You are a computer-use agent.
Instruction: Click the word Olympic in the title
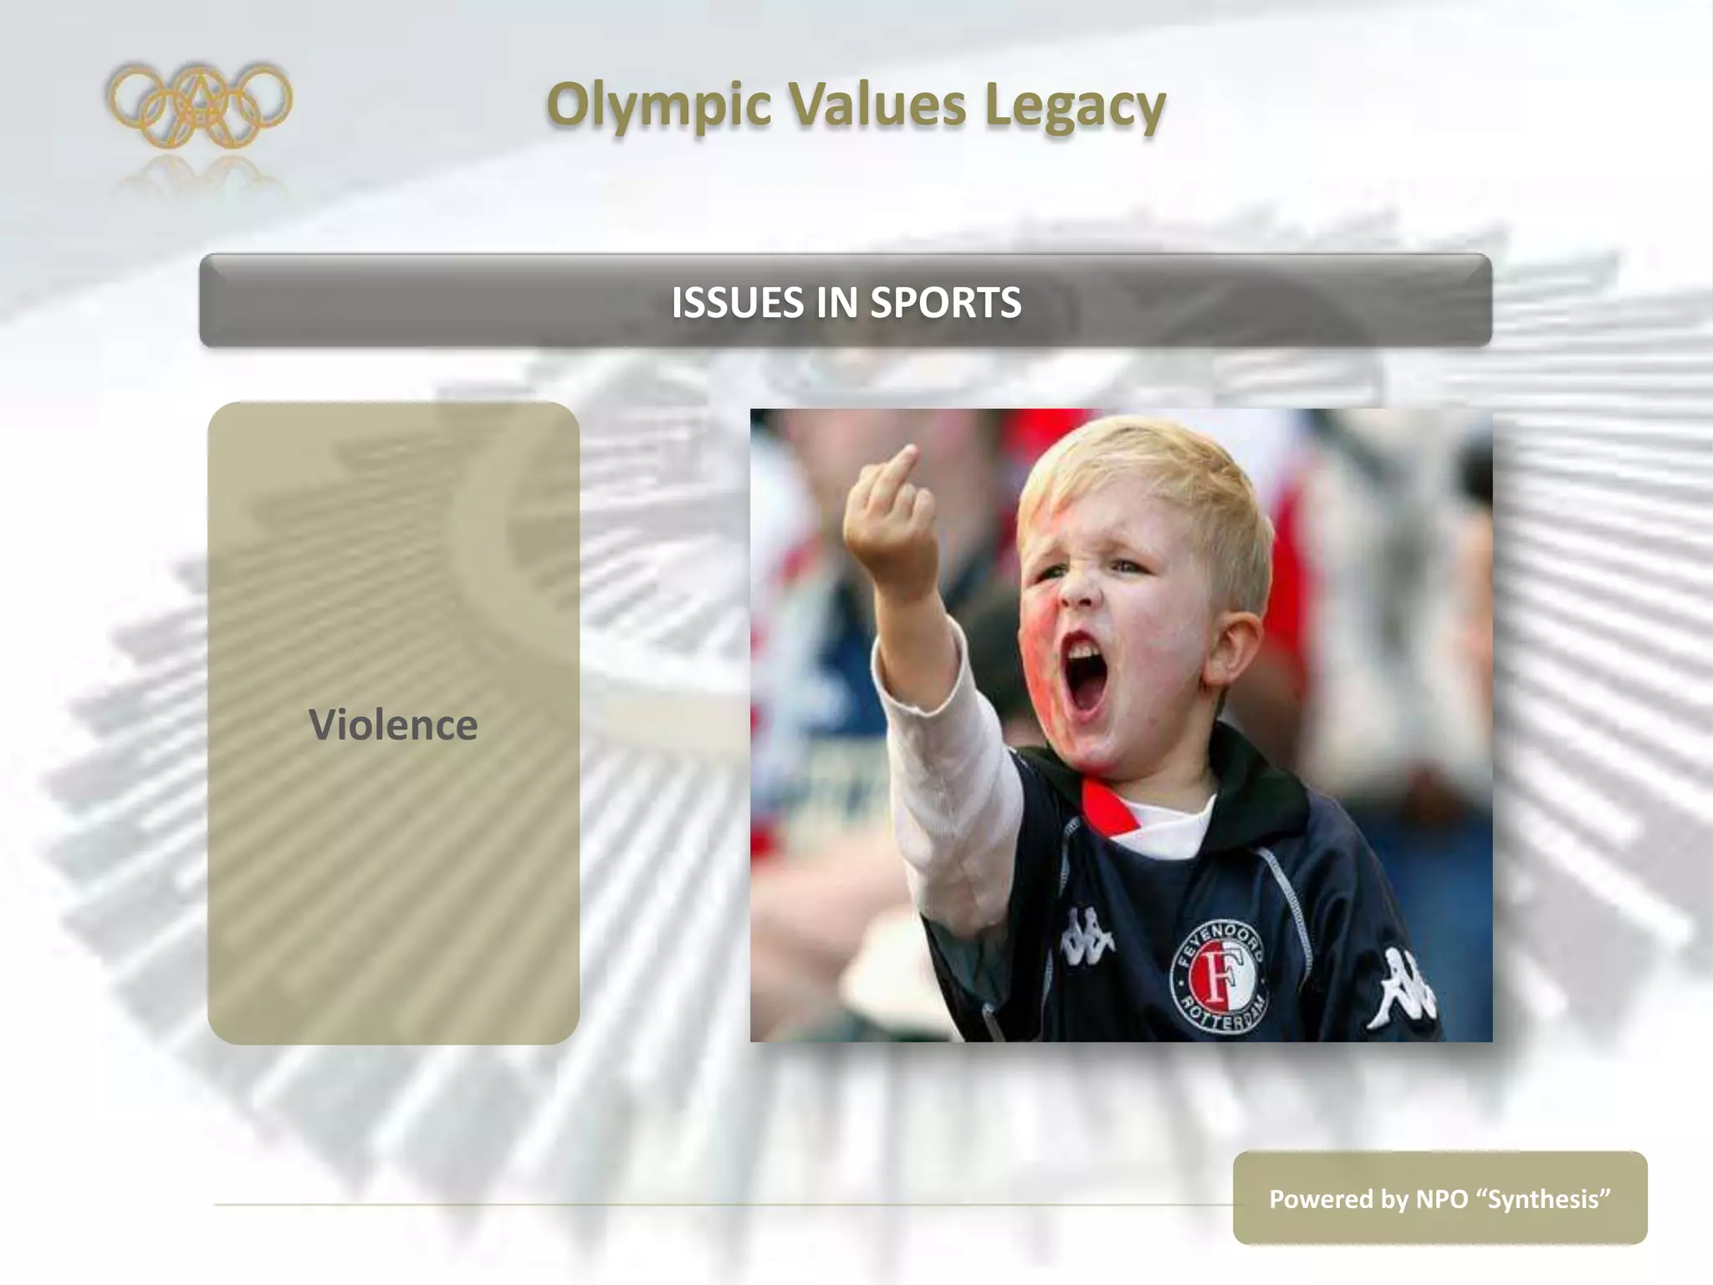pyautogui.click(x=659, y=106)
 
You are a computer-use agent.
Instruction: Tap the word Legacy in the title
pyautogui.click(x=1075, y=106)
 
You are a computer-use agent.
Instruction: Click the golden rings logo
pyautogui.click(x=199, y=105)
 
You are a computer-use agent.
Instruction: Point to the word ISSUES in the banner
pyautogui.click(x=737, y=302)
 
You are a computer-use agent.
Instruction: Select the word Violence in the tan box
pyautogui.click(x=393, y=724)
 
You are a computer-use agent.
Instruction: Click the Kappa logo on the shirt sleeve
pyautogui.click(x=1405, y=987)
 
